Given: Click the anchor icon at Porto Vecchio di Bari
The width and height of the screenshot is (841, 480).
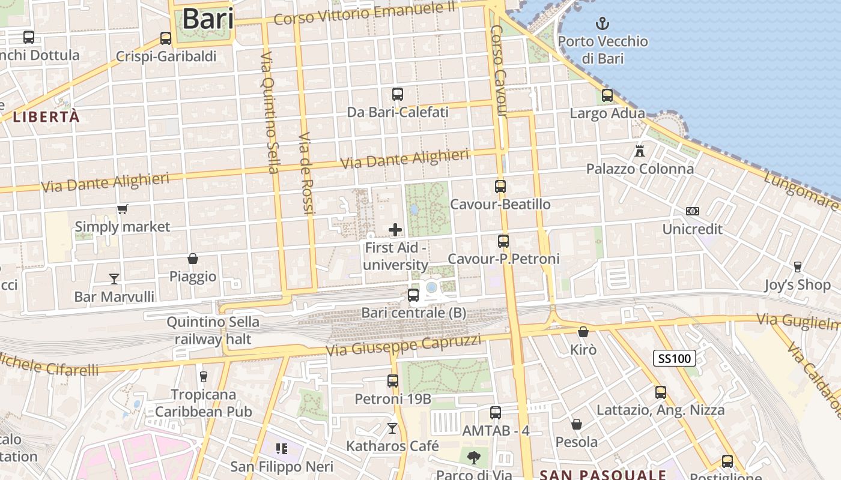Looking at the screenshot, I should pyautogui.click(x=602, y=24).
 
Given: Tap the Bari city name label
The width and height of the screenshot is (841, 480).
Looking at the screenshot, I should pyautogui.click(x=208, y=19).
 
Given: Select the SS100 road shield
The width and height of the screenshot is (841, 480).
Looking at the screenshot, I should pyautogui.click(x=675, y=359).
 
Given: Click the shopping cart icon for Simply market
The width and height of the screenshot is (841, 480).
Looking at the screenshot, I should pyautogui.click(x=123, y=209).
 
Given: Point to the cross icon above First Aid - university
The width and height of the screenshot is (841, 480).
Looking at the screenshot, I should pyautogui.click(x=395, y=230).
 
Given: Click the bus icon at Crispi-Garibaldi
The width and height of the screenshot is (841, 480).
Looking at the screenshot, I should pyautogui.click(x=166, y=39).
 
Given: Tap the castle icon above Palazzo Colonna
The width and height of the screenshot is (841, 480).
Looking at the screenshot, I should pyautogui.click(x=640, y=151).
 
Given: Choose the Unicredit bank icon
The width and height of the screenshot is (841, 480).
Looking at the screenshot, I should pyautogui.click(x=693, y=211).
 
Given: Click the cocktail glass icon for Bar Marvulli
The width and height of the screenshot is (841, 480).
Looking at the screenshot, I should pyautogui.click(x=114, y=278).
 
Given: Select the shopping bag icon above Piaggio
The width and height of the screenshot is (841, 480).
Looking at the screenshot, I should pyautogui.click(x=193, y=259).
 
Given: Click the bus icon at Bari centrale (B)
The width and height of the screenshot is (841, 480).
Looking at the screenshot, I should pyautogui.click(x=413, y=295).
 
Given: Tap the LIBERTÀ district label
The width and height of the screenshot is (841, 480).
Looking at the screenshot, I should pyautogui.click(x=46, y=117).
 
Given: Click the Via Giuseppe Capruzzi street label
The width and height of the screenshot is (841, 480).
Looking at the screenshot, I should pyautogui.click(x=403, y=346).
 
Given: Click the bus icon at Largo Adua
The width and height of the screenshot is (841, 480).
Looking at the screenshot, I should pyautogui.click(x=607, y=95).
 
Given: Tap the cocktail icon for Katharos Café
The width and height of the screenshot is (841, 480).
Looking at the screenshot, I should pyautogui.click(x=392, y=428).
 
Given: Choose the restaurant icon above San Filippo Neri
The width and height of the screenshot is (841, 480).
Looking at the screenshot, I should pyautogui.click(x=282, y=448).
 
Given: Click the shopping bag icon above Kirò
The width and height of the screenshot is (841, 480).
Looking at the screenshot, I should pyautogui.click(x=583, y=332).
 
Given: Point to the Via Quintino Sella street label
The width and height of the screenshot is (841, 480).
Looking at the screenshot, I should pyautogui.click(x=270, y=112).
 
